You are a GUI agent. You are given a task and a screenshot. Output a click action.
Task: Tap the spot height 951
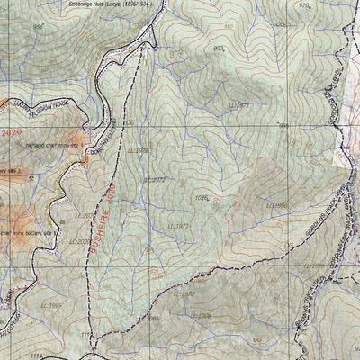pos(39,27)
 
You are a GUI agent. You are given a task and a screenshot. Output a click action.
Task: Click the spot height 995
pos(283,126)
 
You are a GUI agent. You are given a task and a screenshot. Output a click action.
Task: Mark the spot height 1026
pos(202,196)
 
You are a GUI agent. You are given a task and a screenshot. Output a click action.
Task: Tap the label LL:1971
pos(238,105)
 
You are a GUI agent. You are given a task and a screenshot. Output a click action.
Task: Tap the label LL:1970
pos(183,293)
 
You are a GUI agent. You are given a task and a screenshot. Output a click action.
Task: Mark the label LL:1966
pos(199,316)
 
